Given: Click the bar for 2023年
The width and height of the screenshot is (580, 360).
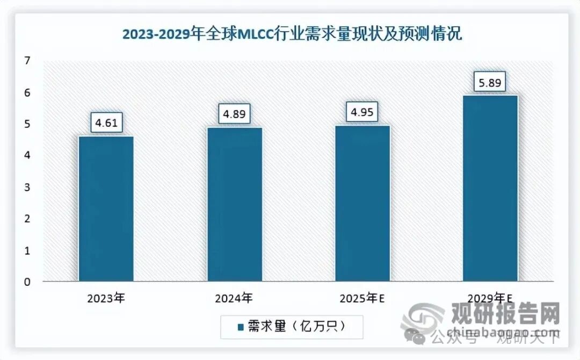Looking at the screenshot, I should pos(106,208).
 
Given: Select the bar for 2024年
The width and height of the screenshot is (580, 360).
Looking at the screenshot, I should pos(234,204).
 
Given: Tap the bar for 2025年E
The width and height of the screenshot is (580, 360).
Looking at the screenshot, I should pos(363,203).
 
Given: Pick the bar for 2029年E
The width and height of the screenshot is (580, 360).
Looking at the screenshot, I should pos(490,188).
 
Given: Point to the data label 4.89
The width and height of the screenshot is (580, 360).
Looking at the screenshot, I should pos(234,113).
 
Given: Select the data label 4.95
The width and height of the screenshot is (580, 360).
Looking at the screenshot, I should pos(363,112).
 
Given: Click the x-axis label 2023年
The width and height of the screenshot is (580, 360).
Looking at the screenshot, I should pos(106,298).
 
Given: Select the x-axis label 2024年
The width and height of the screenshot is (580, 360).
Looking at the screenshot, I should pos(234,298).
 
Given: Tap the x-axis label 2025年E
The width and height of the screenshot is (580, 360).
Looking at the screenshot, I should pos(363,298).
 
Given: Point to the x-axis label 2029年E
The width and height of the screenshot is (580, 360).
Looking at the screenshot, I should pos(490,298).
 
